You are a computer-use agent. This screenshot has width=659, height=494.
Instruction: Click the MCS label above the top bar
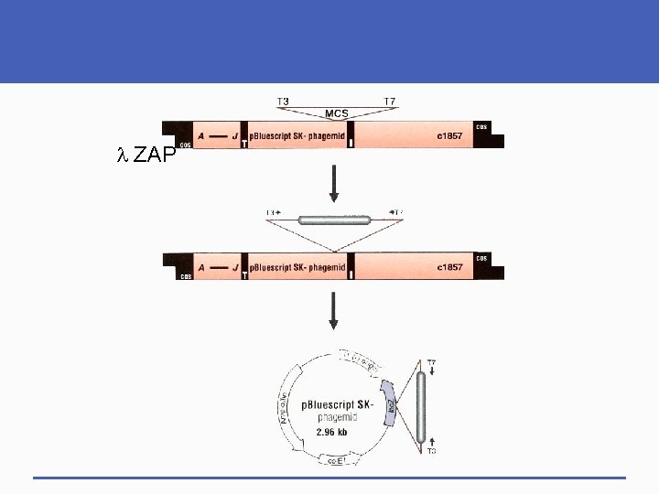[x=337, y=113]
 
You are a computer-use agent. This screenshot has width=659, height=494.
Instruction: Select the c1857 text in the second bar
[x=451, y=267]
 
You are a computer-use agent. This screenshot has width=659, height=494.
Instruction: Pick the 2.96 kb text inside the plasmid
[x=331, y=431]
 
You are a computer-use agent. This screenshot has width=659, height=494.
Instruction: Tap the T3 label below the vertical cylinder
[x=431, y=450]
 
